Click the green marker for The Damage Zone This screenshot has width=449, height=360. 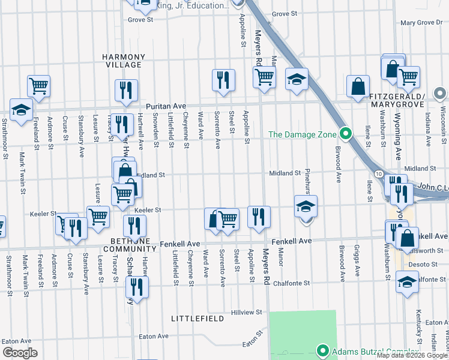pos(345,134)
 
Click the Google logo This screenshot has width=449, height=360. pos(20,353)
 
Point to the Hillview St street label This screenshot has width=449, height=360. pos(247,313)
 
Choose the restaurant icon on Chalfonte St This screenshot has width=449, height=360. pos(137,287)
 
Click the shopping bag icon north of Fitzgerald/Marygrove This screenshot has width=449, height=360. pos(358,86)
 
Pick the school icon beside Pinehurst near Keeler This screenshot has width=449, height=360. pos(306,206)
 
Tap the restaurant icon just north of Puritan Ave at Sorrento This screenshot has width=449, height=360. pos(223,80)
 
